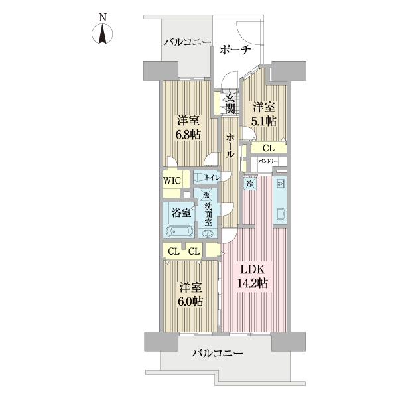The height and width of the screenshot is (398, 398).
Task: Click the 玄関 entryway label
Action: pyautogui.click(x=230, y=103)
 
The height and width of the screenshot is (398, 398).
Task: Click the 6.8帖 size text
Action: pyautogui.click(x=188, y=133)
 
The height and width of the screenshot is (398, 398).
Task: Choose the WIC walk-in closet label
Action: pyautogui.click(x=172, y=180)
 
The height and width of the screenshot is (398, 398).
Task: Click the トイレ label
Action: pyautogui.click(x=212, y=177)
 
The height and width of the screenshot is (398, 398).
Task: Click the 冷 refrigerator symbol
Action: pyautogui.click(x=250, y=183)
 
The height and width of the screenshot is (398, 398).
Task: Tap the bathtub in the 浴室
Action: pyautogui.click(x=179, y=232)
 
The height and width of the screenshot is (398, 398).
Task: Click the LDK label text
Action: pyautogui.click(x=253, y=271)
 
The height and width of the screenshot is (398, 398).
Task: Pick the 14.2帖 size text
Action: pyautogui.click(x=253, y=284)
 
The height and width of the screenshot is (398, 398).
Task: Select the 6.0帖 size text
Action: pyautogui.click(x=189, y=300)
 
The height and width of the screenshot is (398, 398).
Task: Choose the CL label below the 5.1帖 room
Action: pyautogui.click(x=267, y=148)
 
